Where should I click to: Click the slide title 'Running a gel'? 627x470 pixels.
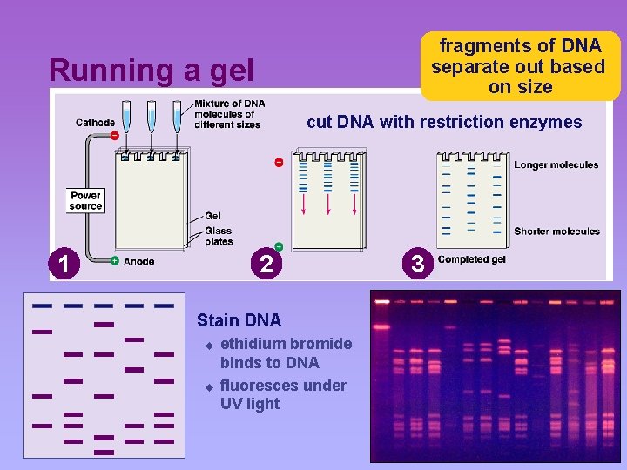152,70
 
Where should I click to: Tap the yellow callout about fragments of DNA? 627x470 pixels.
520,66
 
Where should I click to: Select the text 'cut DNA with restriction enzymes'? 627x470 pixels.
444,123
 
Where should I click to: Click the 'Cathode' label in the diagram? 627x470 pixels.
95,123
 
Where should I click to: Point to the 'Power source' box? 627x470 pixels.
85,201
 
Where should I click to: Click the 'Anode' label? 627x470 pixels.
139,261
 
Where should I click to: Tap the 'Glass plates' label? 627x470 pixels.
219,236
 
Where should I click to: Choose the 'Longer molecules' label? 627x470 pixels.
556,164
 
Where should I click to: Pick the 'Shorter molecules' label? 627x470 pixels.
556,232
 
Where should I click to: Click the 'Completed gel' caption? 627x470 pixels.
471,259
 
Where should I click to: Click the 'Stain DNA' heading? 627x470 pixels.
239,320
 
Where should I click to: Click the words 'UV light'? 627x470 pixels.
250,404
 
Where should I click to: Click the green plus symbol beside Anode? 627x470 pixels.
115,261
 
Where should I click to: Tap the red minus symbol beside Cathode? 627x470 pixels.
114,136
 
